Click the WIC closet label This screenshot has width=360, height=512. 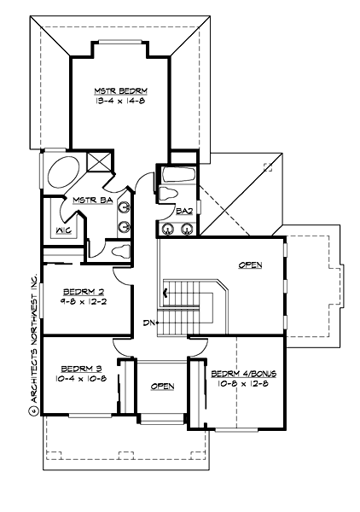point(62,230)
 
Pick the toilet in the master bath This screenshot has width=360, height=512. point(119,249)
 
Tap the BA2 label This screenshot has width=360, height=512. point(183,210)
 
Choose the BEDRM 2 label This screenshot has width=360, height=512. point(84,291)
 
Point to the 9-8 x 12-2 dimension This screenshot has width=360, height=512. point(84,301)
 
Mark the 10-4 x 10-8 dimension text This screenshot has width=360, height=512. point(79,377)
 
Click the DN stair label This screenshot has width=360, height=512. point(148,323)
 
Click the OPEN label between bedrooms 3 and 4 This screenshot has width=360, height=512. point(162,387)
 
